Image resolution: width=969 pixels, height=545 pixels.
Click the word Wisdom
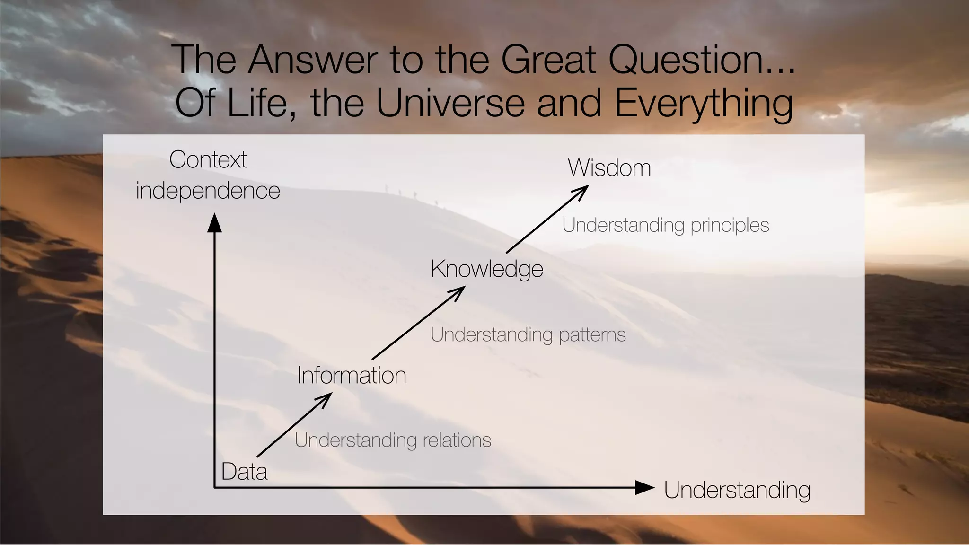pos(609,168)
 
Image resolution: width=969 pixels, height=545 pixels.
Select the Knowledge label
pos(486,269)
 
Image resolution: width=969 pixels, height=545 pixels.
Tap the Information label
pos(352,376)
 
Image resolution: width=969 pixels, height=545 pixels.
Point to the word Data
pos(244,472)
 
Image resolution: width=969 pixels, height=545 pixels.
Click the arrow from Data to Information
pos(293,425)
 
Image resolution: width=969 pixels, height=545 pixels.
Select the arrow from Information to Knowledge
pos(418,323)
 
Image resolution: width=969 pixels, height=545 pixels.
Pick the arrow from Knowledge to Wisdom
pos(546,219)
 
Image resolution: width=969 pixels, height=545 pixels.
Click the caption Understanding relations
pos(393,440)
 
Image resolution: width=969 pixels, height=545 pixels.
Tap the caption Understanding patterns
pos(528,335)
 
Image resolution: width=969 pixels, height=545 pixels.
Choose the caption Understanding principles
pos(665,225)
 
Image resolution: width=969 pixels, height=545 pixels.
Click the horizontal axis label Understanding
pos(737,490)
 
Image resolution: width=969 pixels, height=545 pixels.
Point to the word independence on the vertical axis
pos(208,191)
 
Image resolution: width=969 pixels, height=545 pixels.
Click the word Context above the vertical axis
pos(208,159)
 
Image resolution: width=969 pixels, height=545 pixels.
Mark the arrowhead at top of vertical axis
pos(214,223)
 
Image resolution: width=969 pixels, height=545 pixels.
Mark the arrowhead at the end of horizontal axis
pos(644,488)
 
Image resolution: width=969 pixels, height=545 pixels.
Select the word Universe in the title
pos(450,103)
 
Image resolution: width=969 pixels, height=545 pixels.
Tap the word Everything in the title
pos(703,104)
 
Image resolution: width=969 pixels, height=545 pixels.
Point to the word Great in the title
pos(548,60)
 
